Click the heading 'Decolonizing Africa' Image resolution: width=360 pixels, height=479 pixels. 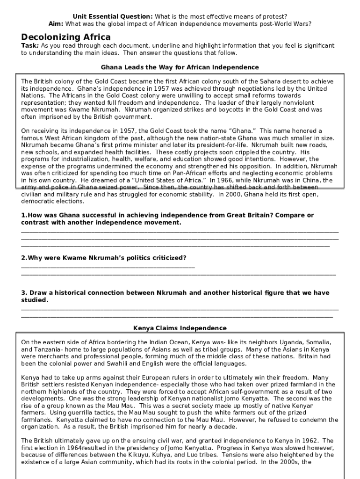[x=66, y=37]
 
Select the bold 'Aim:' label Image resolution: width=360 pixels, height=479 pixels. [x=57, y=23]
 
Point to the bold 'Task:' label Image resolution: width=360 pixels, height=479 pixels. [x=30, y=46]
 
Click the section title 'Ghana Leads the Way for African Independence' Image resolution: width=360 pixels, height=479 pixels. [x=180, y=67]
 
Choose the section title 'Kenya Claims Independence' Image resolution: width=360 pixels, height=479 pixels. [x=180, y=328]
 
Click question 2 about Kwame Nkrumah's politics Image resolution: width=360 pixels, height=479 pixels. [x=104, y=258]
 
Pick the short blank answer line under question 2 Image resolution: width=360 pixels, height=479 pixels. [x=108, y=266]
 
